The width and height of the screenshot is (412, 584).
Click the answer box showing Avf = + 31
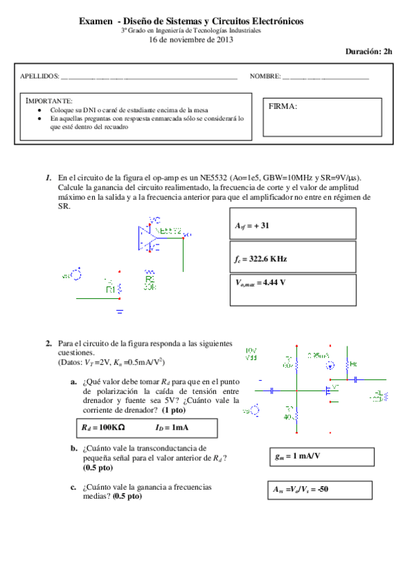pos(291,224)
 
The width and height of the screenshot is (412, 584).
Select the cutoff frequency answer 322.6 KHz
pos(291,258)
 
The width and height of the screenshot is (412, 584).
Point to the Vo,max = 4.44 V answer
pos(291,290)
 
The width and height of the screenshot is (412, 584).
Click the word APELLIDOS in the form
pos(40,76)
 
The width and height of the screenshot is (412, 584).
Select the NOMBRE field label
pos(265,76)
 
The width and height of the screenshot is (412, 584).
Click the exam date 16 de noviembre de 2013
pos(191,39)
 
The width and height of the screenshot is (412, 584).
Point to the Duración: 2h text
pos(369,52)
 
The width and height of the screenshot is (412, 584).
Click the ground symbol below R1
pos(120,311)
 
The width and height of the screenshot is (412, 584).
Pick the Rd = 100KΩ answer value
pos(105,428)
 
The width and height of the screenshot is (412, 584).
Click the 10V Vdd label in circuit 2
pos(251,354)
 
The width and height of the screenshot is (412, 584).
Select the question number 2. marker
pos(49,343)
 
